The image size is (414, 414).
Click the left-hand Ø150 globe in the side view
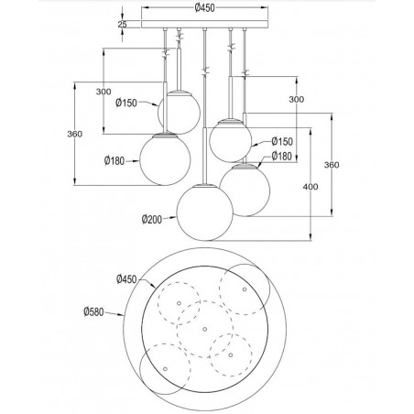point(180,111)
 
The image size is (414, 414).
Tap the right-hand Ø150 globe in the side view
point(230,137)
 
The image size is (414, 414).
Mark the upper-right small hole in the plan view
point(244,289)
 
